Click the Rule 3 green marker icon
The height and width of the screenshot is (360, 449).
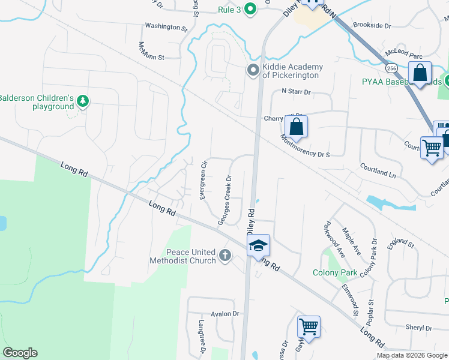(x=252, y=9)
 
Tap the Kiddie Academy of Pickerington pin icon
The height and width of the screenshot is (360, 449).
(x=252, y=70)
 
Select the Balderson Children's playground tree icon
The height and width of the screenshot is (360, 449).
(x=83, y=101)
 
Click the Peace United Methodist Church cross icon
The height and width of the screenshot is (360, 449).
(x=225, y=256)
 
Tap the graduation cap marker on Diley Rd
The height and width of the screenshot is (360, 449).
(x=258, y=245)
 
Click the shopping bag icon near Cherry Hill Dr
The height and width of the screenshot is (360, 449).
(x=296, y=127)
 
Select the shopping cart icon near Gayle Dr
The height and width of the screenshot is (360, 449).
(x=309, y=327)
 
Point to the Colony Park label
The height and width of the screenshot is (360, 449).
(x=335, y=272)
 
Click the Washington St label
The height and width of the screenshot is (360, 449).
(x=166, y=26)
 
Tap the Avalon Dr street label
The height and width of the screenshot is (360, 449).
(x=225, y=314)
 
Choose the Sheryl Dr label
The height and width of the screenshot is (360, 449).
(x=419, y=328)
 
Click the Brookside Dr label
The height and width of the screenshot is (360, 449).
(x=372, y=26)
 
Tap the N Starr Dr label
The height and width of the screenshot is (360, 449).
(x=296, y=92)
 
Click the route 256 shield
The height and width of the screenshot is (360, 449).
(x=391, y=67)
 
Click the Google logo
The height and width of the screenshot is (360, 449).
(x=20, y=353)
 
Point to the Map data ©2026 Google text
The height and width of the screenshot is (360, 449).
(x=411, y=355)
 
